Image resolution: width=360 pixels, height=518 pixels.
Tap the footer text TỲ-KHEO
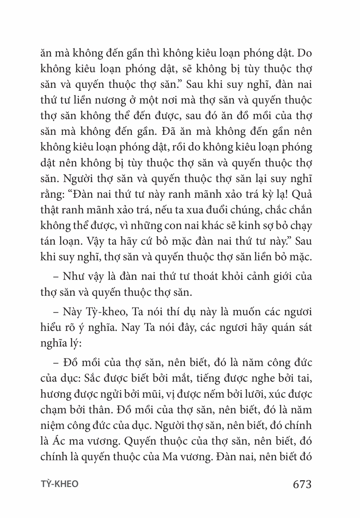(x=59, y=484)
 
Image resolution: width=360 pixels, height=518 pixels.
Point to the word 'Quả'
(x=302, y=194)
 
